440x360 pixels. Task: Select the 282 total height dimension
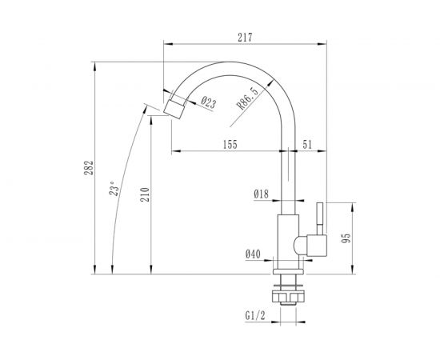coord(90,167)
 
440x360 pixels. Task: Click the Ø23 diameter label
coord(206,102)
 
